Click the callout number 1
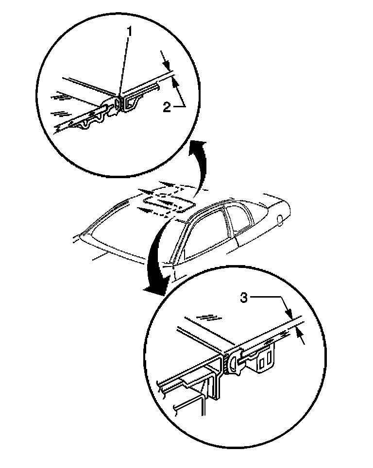coord(130,32)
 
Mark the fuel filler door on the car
coord(281,220)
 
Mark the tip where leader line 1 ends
coord(119,93)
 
